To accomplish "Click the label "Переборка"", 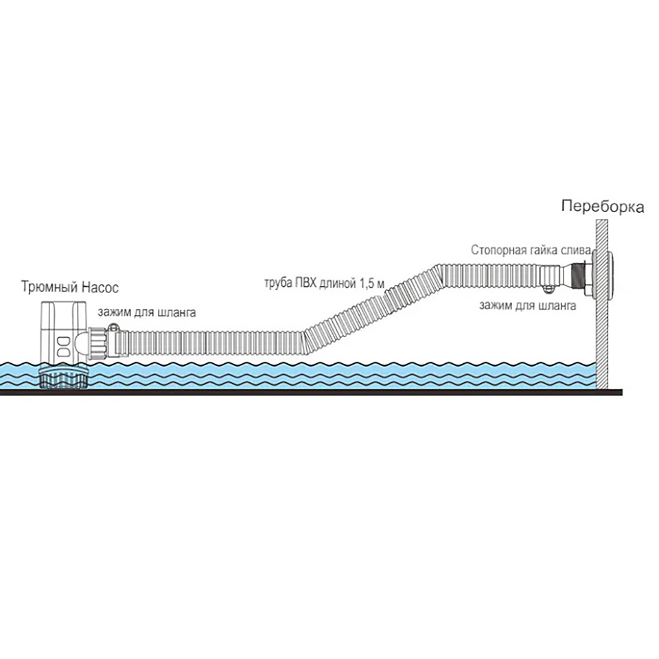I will pyautogui.click(x=602, y=206).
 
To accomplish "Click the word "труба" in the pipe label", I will pyautogui.click(x=279, y=283).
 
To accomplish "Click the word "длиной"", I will pyautogui.click(x=338, y=283).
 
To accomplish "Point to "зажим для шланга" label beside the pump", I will pyautogui.click(x=148, y=312).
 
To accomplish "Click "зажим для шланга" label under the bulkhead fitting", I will pyautogui.click(x=527, y=305).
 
